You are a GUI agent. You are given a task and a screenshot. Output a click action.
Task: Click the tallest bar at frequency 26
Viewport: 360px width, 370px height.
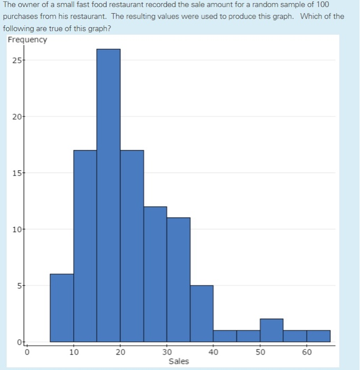(x=108, y=196)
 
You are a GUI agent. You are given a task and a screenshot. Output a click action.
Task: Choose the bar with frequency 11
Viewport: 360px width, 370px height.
(x=178, y=280)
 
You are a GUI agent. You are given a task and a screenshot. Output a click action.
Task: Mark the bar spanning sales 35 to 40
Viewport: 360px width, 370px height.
(x=201, y=313)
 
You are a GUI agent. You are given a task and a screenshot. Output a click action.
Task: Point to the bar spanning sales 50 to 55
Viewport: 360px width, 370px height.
(x=271, y=330)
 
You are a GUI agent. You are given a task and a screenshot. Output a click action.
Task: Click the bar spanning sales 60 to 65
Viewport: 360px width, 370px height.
(x=318, y=336)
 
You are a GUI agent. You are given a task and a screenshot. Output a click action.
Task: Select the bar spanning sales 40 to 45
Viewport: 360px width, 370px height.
(x=225, y=336)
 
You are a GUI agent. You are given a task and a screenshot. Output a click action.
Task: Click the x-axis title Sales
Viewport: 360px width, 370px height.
(x=179, y=362)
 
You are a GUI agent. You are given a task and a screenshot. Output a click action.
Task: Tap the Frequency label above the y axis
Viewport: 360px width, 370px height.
(x=27, y=40)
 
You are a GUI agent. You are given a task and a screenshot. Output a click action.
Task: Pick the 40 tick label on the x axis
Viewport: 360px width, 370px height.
(x=213, y=352)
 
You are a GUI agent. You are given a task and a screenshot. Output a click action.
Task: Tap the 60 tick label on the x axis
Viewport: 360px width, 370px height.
(x=307, y=352)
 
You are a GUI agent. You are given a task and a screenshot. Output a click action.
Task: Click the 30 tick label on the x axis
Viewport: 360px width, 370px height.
(x=167, y=352)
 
